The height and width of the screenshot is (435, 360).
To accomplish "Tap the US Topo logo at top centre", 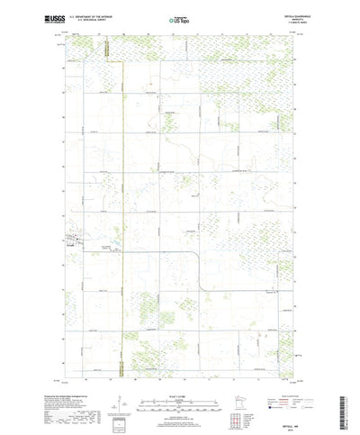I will click(180, 18).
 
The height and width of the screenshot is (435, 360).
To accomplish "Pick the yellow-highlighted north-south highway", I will click(120, 180).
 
